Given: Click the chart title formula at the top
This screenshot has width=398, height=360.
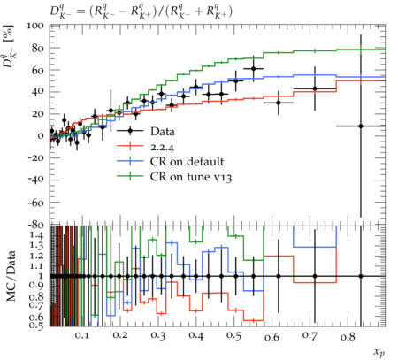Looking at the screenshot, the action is (x=141, y=12).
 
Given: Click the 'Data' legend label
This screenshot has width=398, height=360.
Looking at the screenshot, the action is (x=163, y=132).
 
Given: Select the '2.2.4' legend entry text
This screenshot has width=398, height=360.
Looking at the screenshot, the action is (x=162, y=147).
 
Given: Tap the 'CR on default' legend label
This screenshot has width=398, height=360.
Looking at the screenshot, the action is (x=187, y=162).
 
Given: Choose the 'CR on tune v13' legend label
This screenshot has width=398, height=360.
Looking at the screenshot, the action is (x=191, y=177).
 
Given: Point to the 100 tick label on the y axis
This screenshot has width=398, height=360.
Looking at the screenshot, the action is (x=35, y=26).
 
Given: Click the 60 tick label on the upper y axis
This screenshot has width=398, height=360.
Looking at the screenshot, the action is (x=38, y=70).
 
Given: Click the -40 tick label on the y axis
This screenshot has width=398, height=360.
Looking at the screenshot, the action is (x=35, y=180).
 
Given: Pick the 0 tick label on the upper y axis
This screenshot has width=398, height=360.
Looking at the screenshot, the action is (x=41, y=136).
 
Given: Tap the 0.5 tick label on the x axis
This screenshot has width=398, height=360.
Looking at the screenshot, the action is (x=233, y=335).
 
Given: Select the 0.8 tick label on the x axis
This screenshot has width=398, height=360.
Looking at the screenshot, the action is (x=348, y=336).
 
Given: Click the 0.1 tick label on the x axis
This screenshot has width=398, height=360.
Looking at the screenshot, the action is (x=81, y=335).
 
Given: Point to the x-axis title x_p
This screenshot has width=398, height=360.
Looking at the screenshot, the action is (x=379, y=352).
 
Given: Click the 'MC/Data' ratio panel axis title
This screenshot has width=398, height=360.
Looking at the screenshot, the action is (x=11, y=276).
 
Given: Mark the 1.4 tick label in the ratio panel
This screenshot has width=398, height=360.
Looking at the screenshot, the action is (x=37, y=235).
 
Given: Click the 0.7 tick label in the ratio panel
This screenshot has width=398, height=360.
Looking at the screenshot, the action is (x=37, y=305).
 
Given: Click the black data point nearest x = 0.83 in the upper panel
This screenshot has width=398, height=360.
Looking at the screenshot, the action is (x=361, y=126).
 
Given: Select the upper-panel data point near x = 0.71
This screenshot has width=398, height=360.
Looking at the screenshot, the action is (x=315, y=88).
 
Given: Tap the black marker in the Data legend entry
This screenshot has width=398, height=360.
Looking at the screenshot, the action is (x=130, y=131).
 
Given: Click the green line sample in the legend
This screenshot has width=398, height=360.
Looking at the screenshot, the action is (x=130, y=176).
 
